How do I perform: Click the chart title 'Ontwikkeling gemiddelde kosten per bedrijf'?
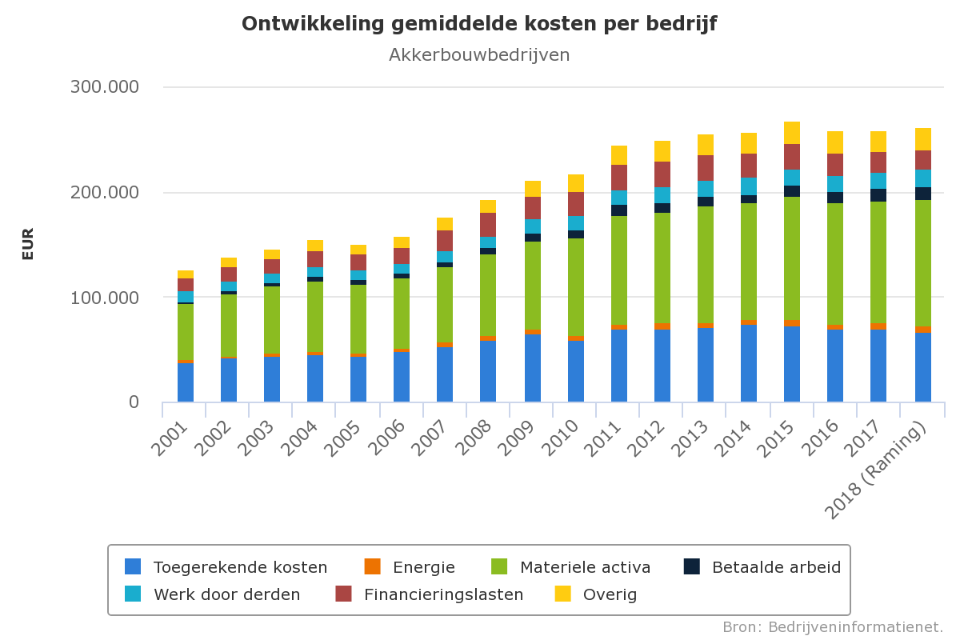(479, 24)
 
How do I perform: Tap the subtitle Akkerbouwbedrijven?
(479, 54)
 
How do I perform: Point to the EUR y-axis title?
(28, 244)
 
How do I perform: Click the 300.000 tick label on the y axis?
(105, 87)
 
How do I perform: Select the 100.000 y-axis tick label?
(105, 298)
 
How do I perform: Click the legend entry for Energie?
(423, 567)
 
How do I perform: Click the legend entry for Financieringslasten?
(443, 594)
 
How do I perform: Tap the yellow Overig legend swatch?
(563, 594)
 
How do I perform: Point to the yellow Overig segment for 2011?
(619, 155)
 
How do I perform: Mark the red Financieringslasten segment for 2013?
(706, 168)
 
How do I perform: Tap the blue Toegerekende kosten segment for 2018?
(923, 367)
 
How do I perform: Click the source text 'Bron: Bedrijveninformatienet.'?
(833, 626)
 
